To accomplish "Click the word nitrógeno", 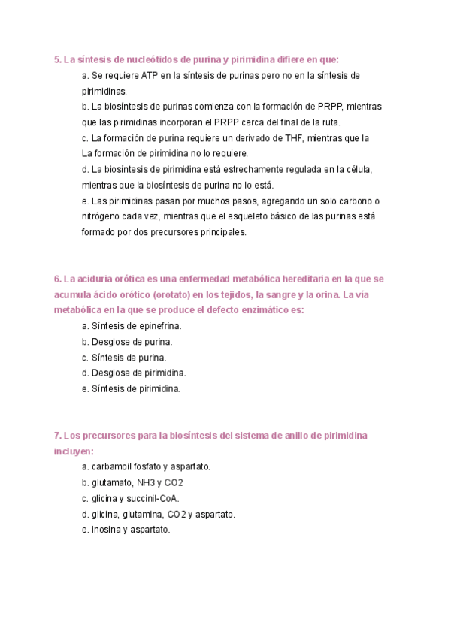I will point(103,216).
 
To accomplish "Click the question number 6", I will point(58,279).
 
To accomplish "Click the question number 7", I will point(58,436).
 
